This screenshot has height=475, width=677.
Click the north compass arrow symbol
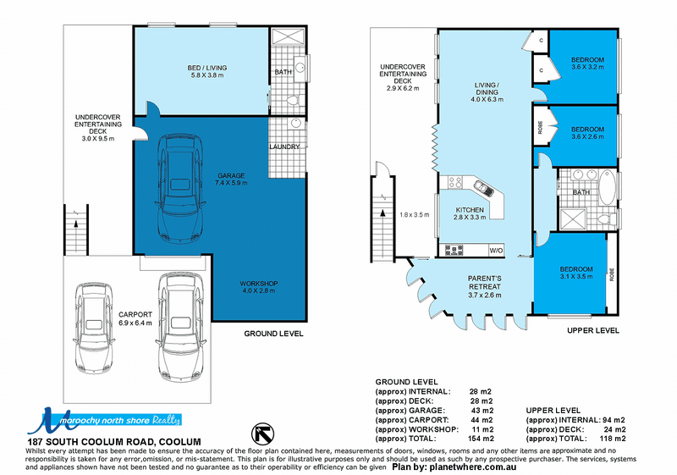pos(262,434)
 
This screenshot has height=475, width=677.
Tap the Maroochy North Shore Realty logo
pos(104,420)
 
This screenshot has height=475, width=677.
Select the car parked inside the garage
pos(180,189)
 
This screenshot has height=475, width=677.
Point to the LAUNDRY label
pos(284,146)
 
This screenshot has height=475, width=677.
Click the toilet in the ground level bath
pos(294,101)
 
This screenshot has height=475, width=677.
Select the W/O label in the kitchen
pos(496,251)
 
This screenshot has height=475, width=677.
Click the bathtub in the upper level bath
pos(608,187)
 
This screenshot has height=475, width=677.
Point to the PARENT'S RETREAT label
pos(485,283)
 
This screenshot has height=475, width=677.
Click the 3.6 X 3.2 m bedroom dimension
pos(587,67)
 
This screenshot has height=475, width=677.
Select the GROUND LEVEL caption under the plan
pos(273,334)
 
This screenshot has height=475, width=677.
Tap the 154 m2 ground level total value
pos(481,439)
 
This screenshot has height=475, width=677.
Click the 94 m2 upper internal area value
pos(614,420)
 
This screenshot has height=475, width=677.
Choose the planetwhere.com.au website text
pos(472,467)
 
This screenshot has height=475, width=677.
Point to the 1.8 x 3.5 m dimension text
pos(415,214)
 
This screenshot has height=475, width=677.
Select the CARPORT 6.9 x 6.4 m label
pos(135,318)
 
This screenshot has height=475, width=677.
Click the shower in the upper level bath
pos(573,219)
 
